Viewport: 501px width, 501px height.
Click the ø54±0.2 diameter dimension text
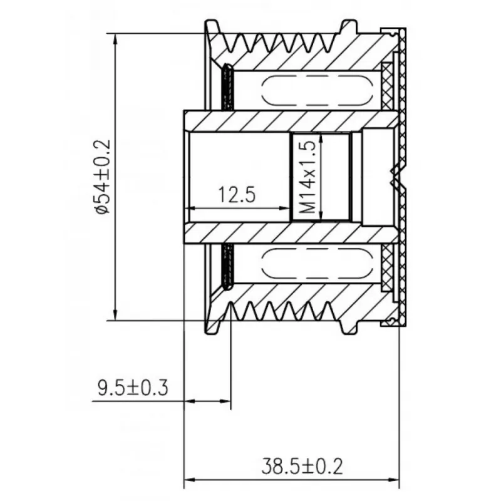(103, 177)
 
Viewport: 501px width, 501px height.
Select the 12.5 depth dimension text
(237, 195)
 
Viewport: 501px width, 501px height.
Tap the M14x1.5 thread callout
(308, 177)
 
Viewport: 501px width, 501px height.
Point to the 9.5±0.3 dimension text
(133, 388)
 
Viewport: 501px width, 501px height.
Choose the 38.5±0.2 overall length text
(302, 466)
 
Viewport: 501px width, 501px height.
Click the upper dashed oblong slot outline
(317, 90)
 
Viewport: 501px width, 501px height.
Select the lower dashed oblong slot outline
(317, 262)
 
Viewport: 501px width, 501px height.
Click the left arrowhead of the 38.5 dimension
(190, 480)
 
